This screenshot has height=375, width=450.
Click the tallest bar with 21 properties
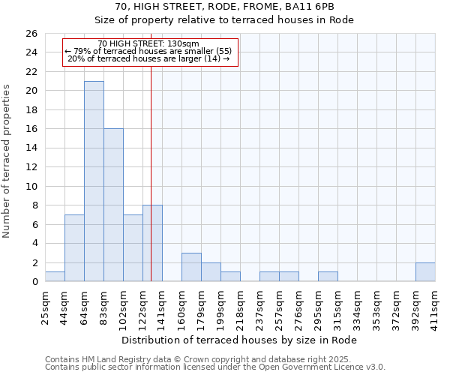pos(94,181)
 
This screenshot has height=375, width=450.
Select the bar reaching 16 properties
pos(113,205)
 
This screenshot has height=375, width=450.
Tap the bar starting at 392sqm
pos(425,272)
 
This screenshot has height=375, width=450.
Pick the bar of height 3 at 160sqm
pos(191,267)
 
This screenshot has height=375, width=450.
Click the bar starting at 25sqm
pos(55,277)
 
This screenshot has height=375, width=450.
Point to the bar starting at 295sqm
pos(328,277)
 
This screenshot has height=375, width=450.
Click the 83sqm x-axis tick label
pos(104,305)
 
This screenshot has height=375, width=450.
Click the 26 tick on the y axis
pos(31,34)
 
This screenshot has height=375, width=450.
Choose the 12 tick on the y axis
pos(31,167)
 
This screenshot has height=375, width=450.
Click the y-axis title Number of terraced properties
pos(7,161)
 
